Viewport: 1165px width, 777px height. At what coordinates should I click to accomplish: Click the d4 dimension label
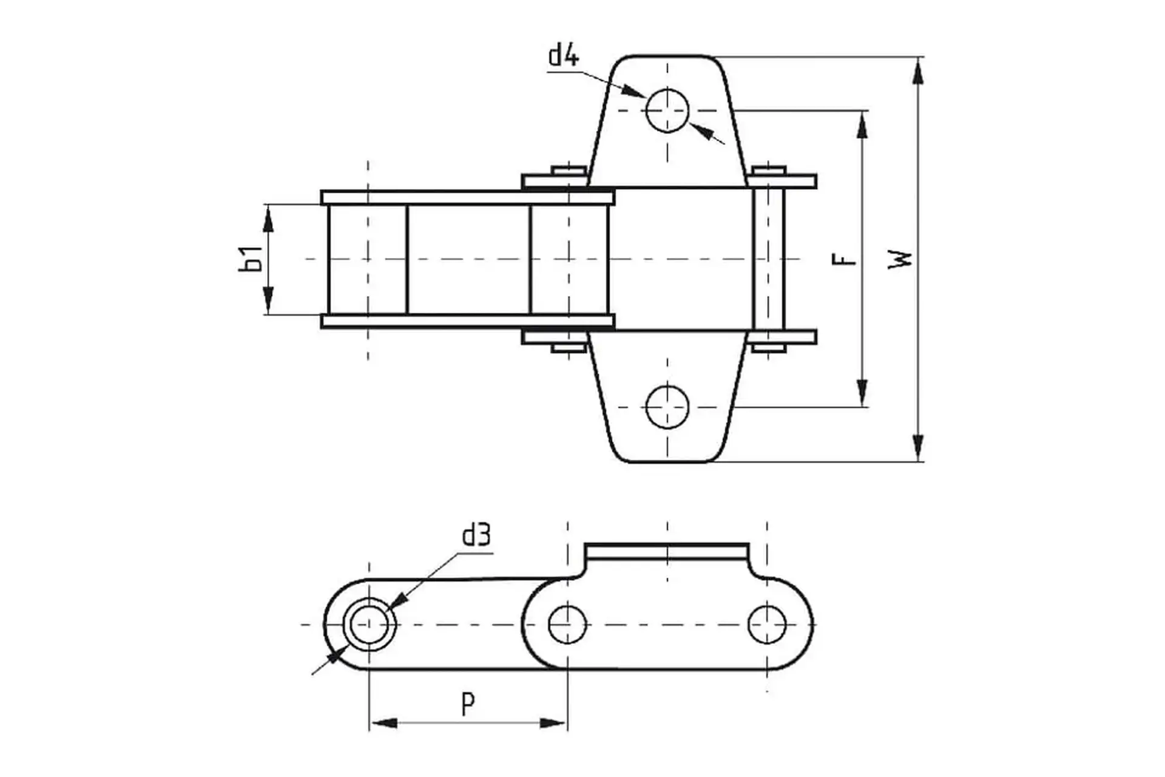pyautogui.click(x=564, y=56)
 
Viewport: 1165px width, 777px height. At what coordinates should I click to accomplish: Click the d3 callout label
pyautogui.click(x=476, y=535)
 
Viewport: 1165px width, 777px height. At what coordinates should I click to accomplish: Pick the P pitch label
pyautogui.click(x=468, y=704)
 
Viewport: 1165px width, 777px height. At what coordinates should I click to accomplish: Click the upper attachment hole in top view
pyautogui.click(x=667, y=110)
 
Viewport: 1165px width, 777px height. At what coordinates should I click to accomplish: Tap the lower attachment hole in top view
pyautogui.click(x=667, y=407)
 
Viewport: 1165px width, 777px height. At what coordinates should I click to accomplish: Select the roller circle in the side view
pyautogui.click(x=370, y=624)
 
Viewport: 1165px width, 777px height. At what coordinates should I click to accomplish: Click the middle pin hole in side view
pyautogui.click(x=567, y=624)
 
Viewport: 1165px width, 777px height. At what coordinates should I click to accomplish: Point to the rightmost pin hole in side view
pyautogui.click(x=767, y=624)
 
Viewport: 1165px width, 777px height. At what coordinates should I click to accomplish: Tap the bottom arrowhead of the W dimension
pyautogui.click(x=919, y=447)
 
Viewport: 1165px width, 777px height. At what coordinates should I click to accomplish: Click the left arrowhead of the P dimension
pyautogui.click(x=383, y=723)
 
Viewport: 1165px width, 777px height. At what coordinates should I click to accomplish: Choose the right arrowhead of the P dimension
pyautogui.click(x=553, y=723)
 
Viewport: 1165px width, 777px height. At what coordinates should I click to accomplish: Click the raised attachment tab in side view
pyautogui.click(x=667, y=551)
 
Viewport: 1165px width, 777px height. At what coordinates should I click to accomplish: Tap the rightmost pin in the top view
pyautogui.click(x=769, y=259)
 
